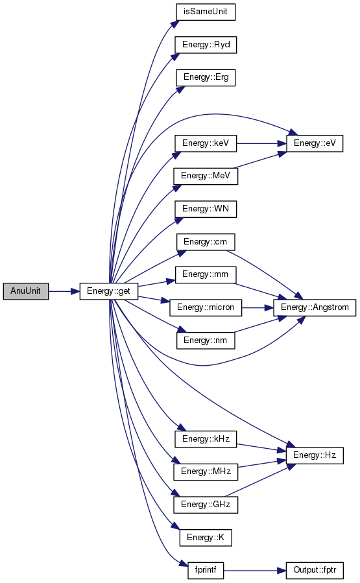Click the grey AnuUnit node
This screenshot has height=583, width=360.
26,291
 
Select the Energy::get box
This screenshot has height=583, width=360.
108,291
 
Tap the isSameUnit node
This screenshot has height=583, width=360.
206,12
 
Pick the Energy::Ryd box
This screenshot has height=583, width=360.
206,45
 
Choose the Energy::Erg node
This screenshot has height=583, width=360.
206,78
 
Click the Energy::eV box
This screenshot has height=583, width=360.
315,143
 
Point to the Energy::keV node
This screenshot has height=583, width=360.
206,143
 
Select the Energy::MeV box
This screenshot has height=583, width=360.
206,176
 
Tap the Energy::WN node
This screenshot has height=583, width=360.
206,209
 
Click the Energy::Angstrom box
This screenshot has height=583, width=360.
315,308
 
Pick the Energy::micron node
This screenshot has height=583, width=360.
206,308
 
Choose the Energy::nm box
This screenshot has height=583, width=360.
206,340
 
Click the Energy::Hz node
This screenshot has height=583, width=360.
315,455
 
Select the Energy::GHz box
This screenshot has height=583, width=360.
206,505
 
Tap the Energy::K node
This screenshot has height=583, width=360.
206,538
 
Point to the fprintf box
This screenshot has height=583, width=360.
206,571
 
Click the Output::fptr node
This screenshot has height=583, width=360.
315,571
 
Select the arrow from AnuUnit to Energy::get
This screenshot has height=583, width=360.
64,292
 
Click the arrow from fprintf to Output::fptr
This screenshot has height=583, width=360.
255,571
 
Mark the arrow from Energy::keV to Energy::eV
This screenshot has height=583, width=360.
261,143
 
